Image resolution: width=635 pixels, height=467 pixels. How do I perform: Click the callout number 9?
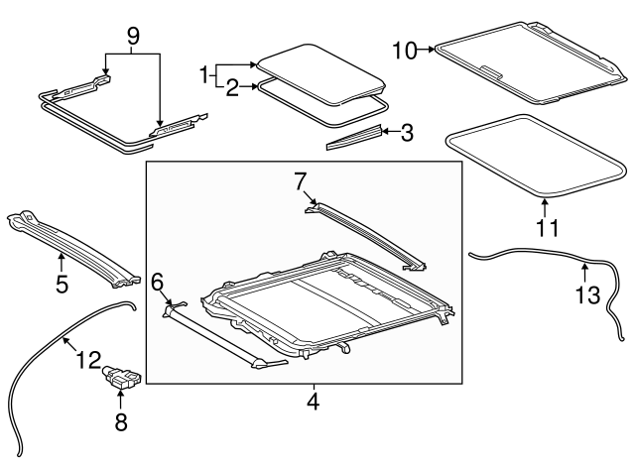point(133,37)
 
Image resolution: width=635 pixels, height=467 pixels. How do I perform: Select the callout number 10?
point(405,51)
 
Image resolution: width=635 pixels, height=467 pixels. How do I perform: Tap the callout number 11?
point(548,228)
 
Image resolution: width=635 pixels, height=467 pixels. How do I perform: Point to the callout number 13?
point(587,295)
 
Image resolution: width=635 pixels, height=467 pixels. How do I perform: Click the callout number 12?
point(88,360)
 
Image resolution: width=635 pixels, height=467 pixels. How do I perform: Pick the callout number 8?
point(121,421)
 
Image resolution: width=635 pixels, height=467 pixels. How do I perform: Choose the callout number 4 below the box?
point(314,402)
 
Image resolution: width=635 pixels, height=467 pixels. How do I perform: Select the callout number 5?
point(62,285)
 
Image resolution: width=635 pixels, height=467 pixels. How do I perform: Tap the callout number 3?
point(407,133)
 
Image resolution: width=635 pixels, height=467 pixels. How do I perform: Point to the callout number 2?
point(232,88)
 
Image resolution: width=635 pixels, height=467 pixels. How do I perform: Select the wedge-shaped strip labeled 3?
point(354,138)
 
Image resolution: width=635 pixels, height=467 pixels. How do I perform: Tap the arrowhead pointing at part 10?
point(432,50)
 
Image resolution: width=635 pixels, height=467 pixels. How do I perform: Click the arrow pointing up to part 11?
point(545,207)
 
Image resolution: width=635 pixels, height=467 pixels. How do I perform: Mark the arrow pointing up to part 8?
point(121,400)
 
